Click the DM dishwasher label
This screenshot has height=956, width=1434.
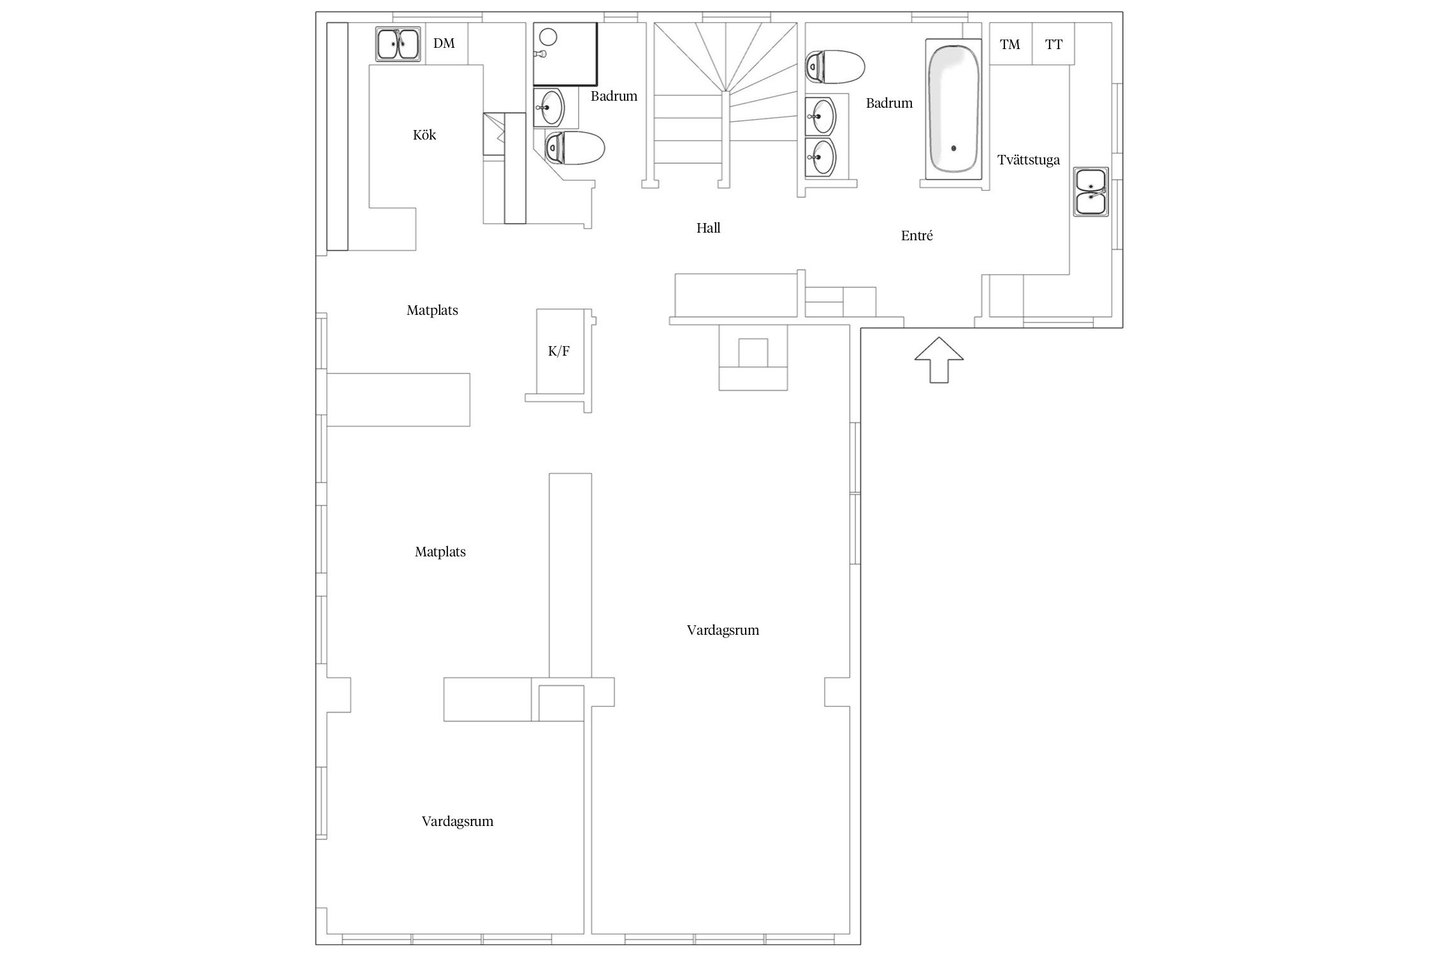click(x=444, y=43)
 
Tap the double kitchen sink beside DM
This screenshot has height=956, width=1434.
click(x=398, y=44)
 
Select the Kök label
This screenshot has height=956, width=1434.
click(x=424, y=135)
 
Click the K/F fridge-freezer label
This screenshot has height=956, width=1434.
click(x=559, y=351)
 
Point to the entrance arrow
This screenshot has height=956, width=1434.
click(x=939, y=360)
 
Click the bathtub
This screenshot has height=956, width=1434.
click(x=953, y=108)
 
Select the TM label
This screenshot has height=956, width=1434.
click(x=1010, y=45)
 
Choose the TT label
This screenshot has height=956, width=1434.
click(x=1054, y=45)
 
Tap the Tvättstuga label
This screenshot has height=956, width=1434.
click(x=1029, y=160)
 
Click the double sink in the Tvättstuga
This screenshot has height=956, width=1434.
click(x=1091, y=192)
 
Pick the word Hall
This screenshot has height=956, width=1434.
click(x=708, y=228)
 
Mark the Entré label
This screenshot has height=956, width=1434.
click(x=917, y=236)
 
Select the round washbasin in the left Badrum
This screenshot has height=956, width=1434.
click(x=549, y=108)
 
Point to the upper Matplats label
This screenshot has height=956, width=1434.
click(x=432, y=310)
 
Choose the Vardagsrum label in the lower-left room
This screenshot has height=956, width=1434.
click(x=457, y=822)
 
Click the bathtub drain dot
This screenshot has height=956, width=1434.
click(x=954, y=148)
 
